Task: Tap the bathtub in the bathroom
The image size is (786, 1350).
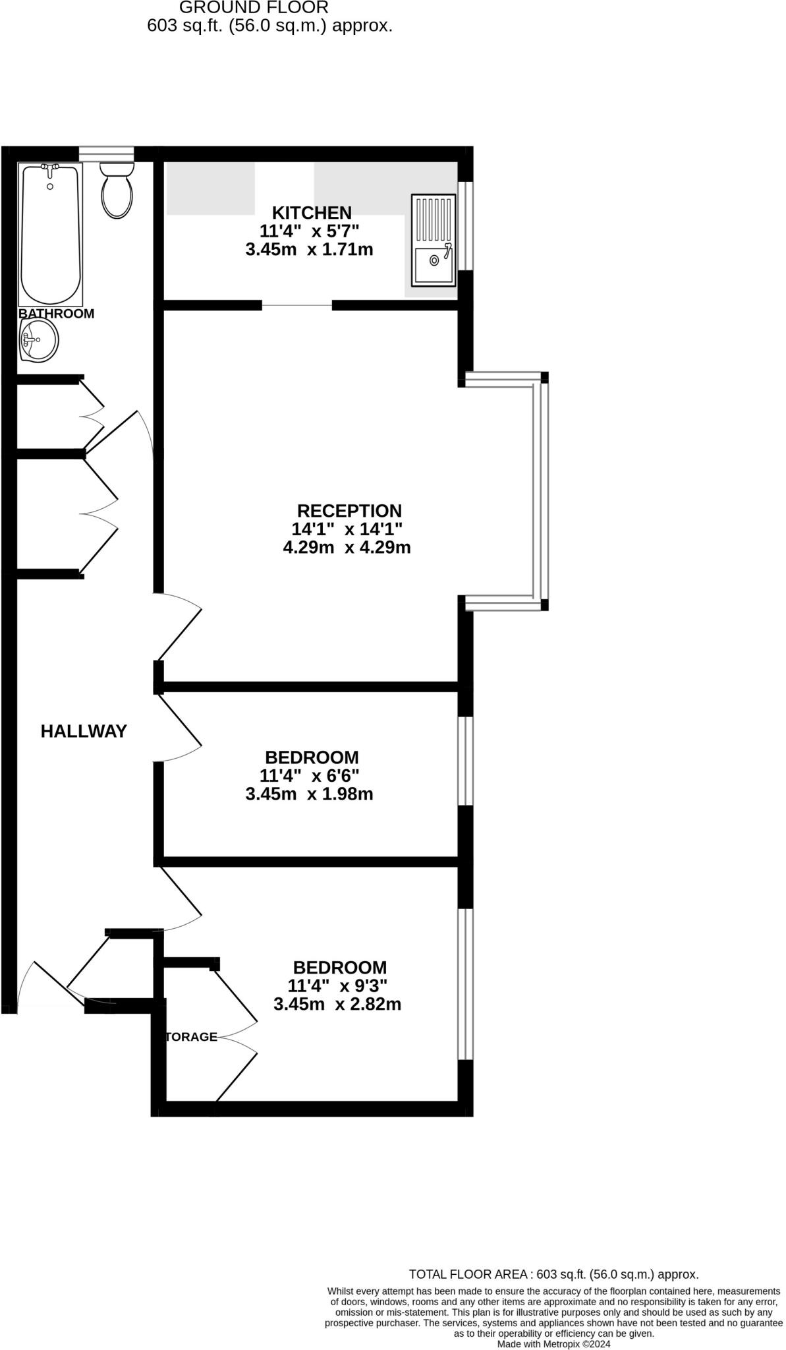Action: pyautogui.click(x=51, y=234)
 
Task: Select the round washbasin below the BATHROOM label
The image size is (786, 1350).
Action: pyautogui.click(x=39, y=341)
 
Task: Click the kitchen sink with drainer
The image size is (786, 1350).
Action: pyautogui.click(x=433, y=240)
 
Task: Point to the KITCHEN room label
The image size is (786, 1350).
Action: pyautogui.click(x=312, y=213)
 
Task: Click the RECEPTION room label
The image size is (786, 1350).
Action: pyautogui.click(x=349, y=511)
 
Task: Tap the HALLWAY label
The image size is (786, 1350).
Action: pyautogui.click(x=84, y=731)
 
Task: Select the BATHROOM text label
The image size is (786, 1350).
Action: pyautogui.click(x=56, y=314)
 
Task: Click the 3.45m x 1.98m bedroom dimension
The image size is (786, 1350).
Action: pyautogui.click(x=309, y=794)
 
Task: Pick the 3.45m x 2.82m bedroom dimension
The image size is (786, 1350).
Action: pyautogui.click(x=337, y=1005)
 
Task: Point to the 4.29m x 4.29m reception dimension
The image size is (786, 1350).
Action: pyautogui.click(x=347, y=547)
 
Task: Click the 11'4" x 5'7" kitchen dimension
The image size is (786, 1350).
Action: pyautogui.click(x=309, y=231)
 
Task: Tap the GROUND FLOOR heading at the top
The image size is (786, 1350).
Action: pyautogui.click(x=254, y=8)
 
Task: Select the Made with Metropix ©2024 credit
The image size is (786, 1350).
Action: pyautogui.click(x=553, y=1343)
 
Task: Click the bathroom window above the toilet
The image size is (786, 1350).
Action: pyautogui.click(x=106, y=154)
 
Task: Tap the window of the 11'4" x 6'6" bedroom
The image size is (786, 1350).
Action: pyautogui.click(x=465, y=761)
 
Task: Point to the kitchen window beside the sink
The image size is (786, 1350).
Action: pyautogui.click(x=465, y=225)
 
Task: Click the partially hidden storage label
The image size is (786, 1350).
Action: pyautogui.click(x=191, y=1037)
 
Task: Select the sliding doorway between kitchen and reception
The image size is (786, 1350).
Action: pyautogui.click(x=297, y=305)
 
